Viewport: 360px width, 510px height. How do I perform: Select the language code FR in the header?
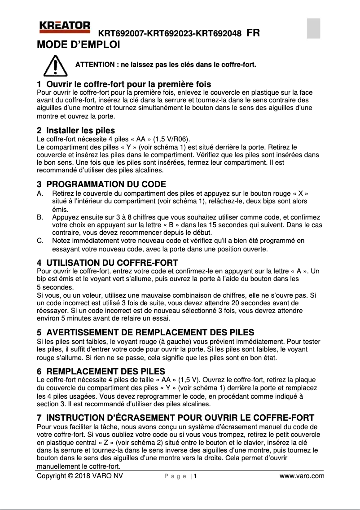coord(253,33)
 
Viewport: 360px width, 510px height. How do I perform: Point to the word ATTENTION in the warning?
coord(94,65)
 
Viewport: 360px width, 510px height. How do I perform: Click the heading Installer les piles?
coord(81,131)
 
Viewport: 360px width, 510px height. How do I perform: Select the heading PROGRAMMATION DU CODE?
coord(106,185)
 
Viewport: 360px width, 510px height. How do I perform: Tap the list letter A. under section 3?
coord(40,193)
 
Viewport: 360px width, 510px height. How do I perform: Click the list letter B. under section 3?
coord(40,217)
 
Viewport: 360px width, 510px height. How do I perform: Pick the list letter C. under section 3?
coord(40,241)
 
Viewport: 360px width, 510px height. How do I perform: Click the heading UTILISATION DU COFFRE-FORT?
coord(112,263)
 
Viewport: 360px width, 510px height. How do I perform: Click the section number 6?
coord(39,371)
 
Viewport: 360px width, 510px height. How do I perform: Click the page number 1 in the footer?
coord(196,476)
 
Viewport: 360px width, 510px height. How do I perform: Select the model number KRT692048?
coord(220,33)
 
